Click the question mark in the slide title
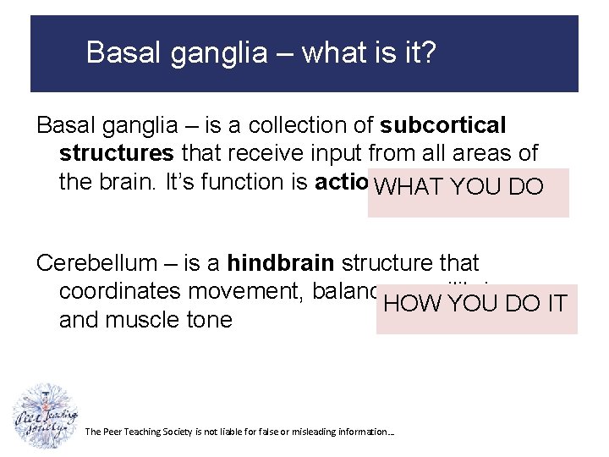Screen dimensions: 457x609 coord(429,53)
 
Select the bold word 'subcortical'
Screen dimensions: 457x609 coord(442,125)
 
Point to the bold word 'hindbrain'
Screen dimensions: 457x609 coord(281,263)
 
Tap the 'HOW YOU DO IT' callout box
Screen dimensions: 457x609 coord(476,309)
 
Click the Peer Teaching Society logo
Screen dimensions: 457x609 coord(45,416)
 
